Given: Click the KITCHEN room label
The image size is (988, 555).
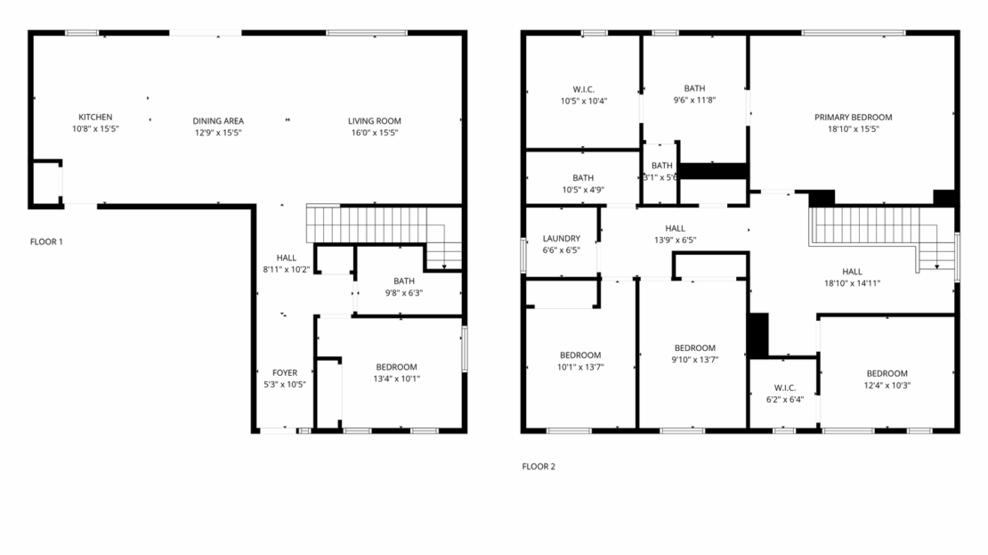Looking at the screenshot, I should pos(95,118).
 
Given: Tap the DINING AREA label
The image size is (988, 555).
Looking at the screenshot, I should pos(218,121).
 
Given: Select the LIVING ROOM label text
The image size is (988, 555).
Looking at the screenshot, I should pos(374,121).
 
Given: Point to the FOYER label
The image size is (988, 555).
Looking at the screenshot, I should pos(285,372).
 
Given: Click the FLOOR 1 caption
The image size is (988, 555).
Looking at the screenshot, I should pos(46,241).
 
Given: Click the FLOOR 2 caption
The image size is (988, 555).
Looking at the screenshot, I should pos(539,466).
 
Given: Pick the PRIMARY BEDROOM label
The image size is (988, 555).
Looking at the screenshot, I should pos(853,117).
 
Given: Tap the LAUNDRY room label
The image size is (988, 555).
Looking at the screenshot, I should pos(562,239).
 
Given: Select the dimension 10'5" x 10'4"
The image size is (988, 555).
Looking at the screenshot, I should pos(583,101).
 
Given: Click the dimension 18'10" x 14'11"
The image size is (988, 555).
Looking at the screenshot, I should pos(852,283).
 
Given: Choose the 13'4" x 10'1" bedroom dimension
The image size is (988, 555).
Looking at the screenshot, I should pos(396,379).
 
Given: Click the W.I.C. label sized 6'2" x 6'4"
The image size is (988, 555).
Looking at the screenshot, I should pos(784,388).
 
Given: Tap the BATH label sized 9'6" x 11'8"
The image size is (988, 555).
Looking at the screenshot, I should pos(694,88).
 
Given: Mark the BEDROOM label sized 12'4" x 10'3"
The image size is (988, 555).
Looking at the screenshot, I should pos(887,373).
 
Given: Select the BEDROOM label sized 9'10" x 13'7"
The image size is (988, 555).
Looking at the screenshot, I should pos(694,347).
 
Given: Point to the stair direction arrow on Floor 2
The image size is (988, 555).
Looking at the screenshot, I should pos(935,264).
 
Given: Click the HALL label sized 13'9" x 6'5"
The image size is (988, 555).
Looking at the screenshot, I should pos(675,228).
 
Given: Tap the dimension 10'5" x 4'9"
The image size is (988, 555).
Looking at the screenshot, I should pos(583,189).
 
